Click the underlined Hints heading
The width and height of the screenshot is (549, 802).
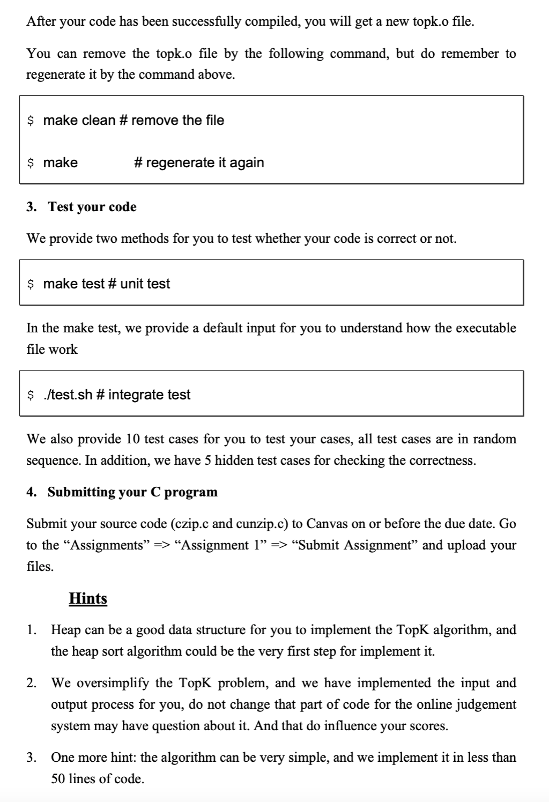point(88,598)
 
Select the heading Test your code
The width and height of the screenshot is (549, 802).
point(92,207)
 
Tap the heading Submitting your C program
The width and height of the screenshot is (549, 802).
point(132,492)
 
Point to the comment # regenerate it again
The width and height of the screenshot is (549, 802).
point(199,162)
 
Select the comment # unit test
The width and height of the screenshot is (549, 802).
point(139,284)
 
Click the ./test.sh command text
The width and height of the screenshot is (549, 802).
point(68,395)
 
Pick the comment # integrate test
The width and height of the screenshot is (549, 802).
point(149,395)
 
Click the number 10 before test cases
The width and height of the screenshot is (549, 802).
point(132,439)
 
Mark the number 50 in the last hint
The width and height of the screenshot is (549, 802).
point(58,779)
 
